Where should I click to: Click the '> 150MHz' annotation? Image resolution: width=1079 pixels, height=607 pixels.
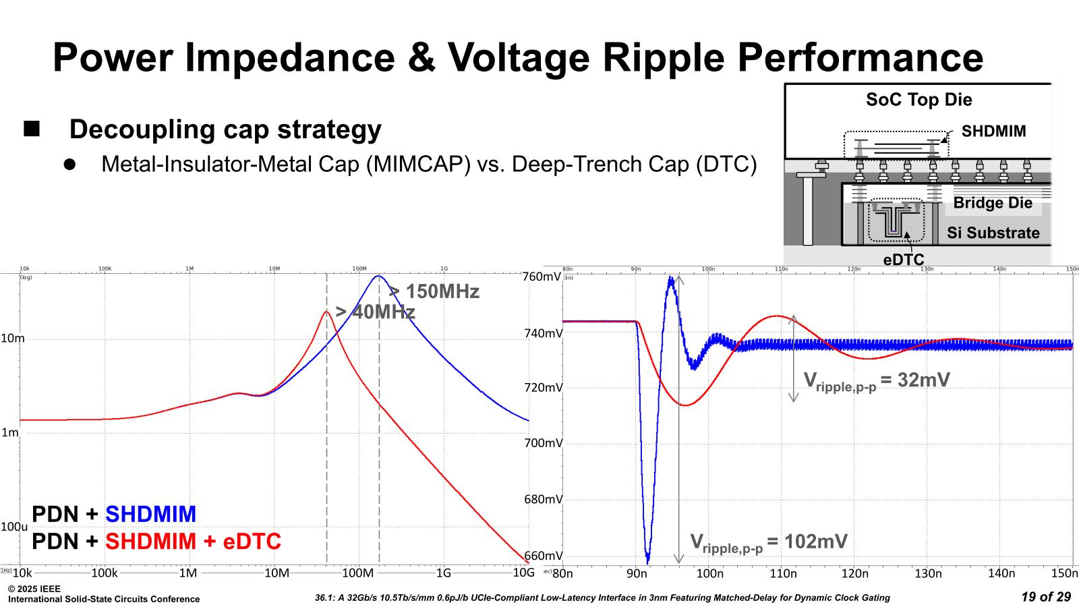click(x=434, y=292)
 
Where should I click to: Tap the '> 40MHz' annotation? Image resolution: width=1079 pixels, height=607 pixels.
click(x=375, y=312)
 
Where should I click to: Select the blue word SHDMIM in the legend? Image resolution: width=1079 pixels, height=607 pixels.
click(x=150, y=515)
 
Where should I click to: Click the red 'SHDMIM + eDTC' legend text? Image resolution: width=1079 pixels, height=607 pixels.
click(x=193, y=542)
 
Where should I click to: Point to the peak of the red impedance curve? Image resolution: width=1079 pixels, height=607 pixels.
click(x=326, y=312)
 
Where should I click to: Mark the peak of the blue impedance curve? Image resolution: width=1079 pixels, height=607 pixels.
click(x=378, y=276)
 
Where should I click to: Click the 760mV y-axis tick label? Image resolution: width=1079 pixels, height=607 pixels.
click(x=542, y=277)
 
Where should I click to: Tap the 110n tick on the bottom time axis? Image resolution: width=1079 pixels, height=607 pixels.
click(x=783, y=573)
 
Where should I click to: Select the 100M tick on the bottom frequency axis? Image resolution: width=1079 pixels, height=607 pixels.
click(x=357, y=573)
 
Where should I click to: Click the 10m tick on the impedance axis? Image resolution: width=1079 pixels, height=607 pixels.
click(x=12, y=339)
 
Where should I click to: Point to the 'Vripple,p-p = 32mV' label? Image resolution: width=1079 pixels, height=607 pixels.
click(x=877, y=381)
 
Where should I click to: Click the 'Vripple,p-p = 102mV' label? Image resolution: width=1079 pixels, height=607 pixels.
click(x=769, y=542)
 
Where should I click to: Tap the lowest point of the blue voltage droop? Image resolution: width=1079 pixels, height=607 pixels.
click(x=648, y=562)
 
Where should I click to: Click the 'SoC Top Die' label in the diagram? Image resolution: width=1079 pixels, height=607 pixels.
click(x=918, y=100)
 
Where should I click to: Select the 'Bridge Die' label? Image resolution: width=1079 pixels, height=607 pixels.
click(x=992, y=203)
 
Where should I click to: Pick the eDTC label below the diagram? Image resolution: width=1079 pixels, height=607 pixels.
click(x=904, y=260)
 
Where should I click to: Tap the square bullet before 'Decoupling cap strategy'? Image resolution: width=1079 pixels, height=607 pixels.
click(x=32, y=128)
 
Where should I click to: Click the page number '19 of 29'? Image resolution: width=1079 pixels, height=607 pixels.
click(x=1046, y=597)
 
